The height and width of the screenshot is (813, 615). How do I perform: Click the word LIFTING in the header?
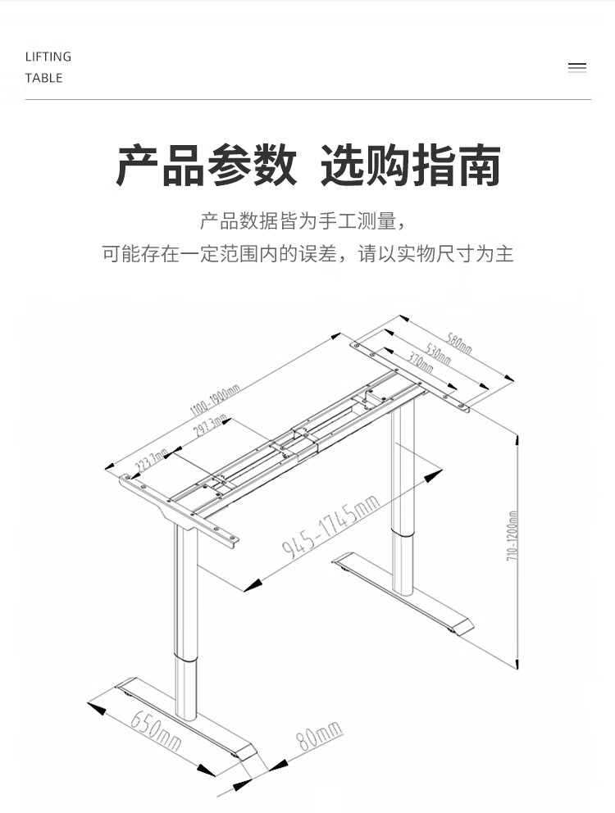[x=48, y=57]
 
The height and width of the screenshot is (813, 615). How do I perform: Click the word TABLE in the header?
[x=43, y=78]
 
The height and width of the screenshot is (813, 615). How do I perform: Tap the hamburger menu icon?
[x=577, y=68]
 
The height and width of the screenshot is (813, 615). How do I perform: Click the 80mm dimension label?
[x=318, y=736]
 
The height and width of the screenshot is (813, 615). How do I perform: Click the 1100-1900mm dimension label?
[x=214, y=399]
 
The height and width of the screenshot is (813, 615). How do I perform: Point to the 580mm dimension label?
[x=459, y=342]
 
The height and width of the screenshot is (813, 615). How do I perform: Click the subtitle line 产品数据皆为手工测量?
[x=303, y=220]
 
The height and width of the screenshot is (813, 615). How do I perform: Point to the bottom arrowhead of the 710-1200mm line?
[x=516, y=663]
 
